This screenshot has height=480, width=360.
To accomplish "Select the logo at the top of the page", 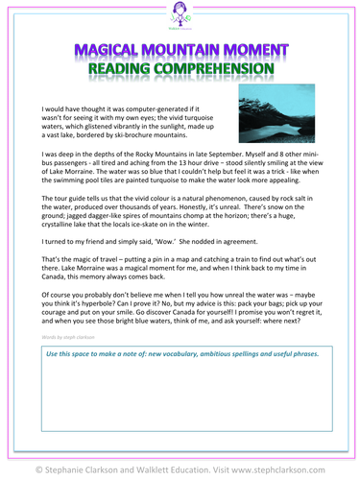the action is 180,16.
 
